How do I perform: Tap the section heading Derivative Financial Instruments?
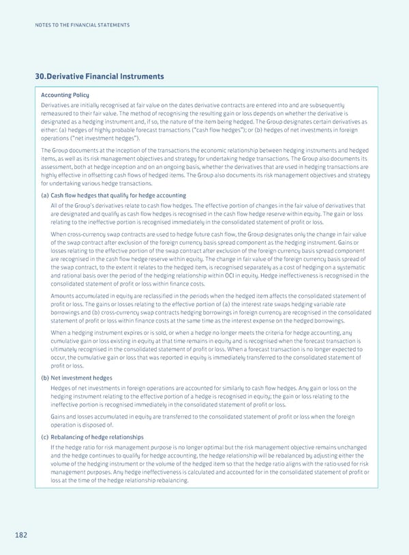click(x=100, y=76)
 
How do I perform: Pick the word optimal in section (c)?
click(x=207, y=447)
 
